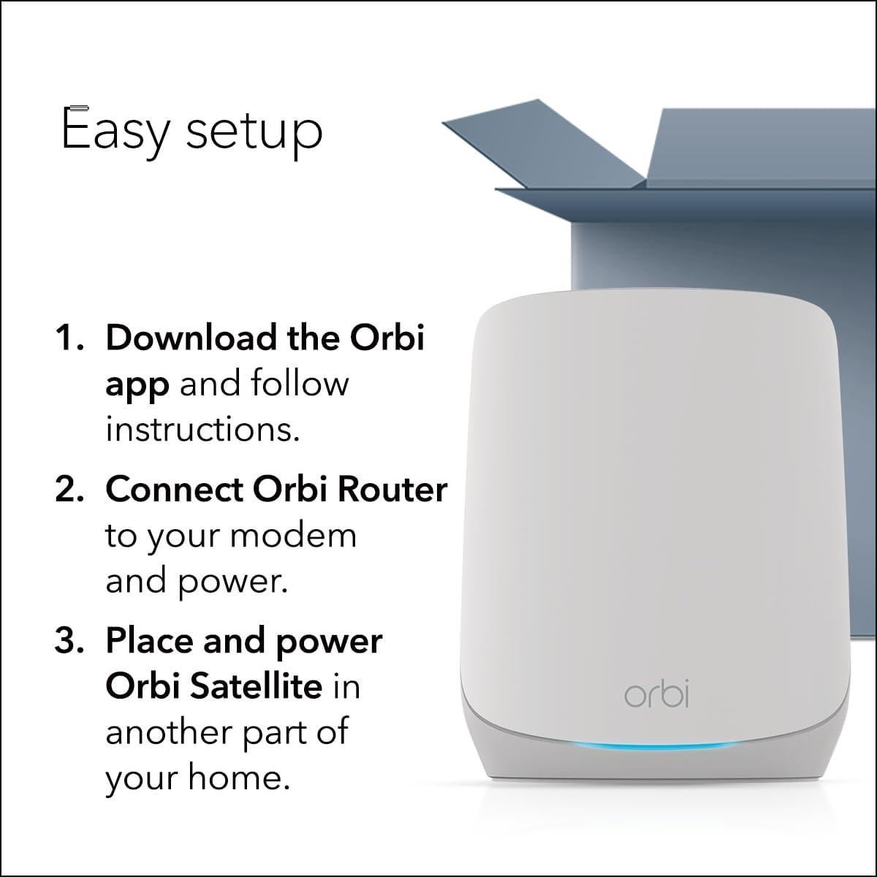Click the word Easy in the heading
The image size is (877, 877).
click(x=115, y=130)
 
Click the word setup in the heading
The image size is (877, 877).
click(x=254, y=133)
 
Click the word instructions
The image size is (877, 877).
click(x=202, y=429)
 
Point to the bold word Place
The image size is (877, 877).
click(x=149, y=641)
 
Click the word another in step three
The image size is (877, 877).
click(x=168, y=732)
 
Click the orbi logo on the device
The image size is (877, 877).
click(x=656, y=694)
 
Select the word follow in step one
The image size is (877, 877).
click(x=300, y=384)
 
